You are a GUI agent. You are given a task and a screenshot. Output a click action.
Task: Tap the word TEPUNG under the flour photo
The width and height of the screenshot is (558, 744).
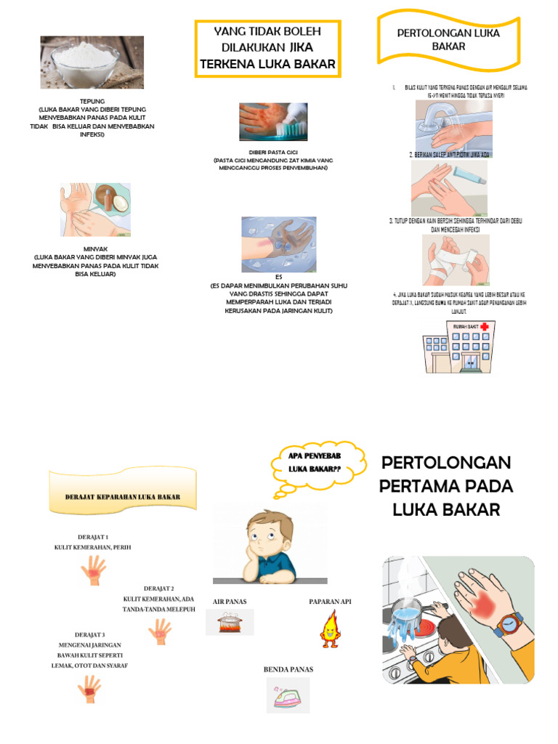coord(92,102)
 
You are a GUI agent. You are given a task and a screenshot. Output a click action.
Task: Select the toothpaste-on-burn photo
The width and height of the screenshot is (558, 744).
coord(273,121)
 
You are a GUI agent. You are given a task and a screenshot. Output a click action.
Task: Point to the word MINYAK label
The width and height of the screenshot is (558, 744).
coord(96,248)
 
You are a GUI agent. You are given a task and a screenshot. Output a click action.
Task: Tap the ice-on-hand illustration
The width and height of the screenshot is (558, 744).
coord(278,243)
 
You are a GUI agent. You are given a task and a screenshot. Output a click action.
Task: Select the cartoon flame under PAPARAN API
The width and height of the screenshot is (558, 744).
coord(330,628)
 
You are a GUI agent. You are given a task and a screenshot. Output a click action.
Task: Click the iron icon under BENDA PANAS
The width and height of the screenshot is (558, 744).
coord(288,695)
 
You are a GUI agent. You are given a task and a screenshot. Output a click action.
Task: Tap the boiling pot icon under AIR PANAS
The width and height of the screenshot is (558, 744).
coord(230,622)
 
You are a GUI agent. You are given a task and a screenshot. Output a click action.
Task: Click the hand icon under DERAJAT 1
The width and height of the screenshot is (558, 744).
coord(93,570)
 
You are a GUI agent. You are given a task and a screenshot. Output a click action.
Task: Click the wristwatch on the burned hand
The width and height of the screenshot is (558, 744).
coord(509,623)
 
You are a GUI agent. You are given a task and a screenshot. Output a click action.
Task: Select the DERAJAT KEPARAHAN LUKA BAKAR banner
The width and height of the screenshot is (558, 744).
coord(122,496)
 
